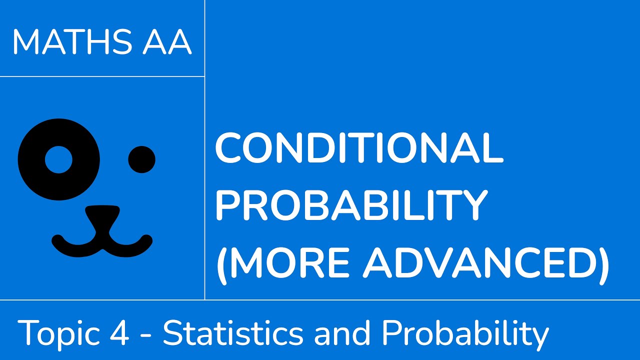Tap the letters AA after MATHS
click(166, 41)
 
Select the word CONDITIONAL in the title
click(359, 149)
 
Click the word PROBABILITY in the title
click(351, 205)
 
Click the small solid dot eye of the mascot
click(142, 159)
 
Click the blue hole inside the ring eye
click(59, 159)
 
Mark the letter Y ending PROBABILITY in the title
click(472, 205)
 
